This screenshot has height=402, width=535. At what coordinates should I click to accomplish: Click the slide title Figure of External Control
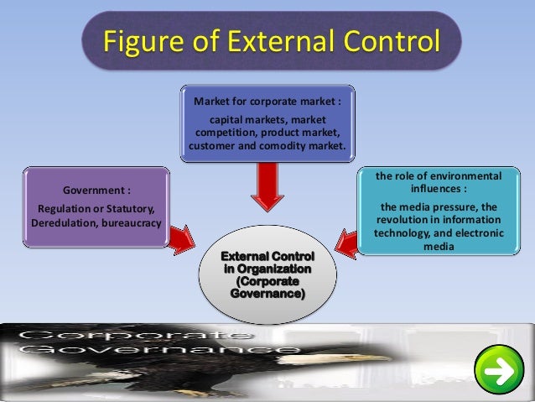click(x=271, y=39)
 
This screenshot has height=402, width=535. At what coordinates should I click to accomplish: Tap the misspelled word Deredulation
click(x=64, y=223)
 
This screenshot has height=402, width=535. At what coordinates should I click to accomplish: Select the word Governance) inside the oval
click(x=267, y=295)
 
